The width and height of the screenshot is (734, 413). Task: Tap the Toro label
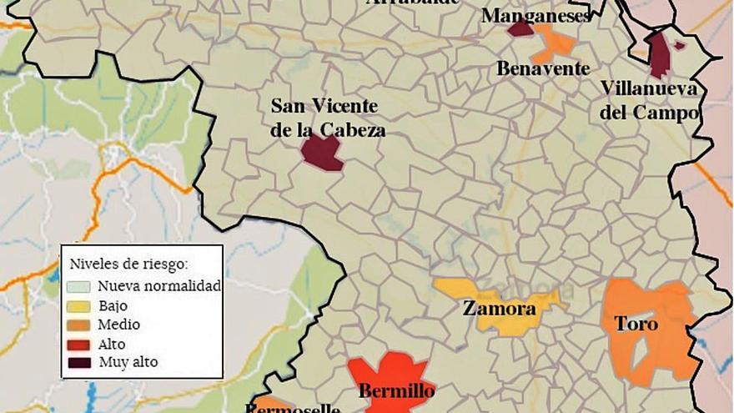pyautogui.click(x=636, y=324)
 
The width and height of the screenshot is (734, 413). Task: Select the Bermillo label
pyautogui.click(x=396, y=390)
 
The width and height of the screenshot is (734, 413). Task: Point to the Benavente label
pyautogui.click(x=542, y=69)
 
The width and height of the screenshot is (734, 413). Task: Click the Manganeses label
pyautogui.click(x=537, y=16)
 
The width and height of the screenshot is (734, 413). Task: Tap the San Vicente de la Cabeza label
pyautogui.click(x=324, y=118)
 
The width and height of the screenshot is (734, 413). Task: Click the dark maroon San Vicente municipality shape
pyautogui.click(x=321, y=152)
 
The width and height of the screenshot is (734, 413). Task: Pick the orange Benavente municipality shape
pyautogui.click(x=556, y=43)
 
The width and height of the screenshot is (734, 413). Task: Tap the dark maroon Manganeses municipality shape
pyautogui.click(x=520, y=30)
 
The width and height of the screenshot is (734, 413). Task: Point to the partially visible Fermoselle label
pyautogui.click(x=292, y=408)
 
